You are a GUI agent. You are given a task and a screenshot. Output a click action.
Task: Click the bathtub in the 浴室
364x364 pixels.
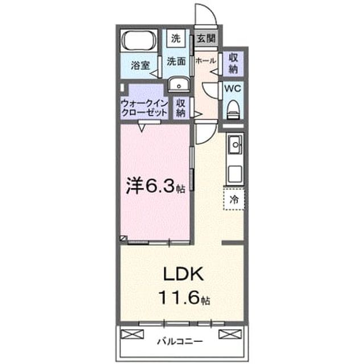click(x=139, y=40)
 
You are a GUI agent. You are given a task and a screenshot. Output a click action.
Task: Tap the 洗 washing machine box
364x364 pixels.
click(x=176, y=38)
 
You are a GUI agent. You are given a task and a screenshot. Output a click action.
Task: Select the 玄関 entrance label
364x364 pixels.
click(x=206, y=38)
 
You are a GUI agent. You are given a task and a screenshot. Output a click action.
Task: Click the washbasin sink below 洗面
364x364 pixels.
click(x=179, y=85)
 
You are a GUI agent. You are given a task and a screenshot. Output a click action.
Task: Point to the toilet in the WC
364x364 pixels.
click(x=233, y=110)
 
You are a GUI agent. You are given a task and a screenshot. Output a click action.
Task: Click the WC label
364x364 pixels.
click(x=233, y=89)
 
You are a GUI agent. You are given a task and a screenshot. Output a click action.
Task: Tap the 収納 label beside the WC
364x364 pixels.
click(x=233, y=63)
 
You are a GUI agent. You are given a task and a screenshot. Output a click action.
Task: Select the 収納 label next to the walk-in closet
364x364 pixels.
click(x=180, y=108)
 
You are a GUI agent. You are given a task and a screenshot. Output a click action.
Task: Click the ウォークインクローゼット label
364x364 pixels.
click(x=144, y=108)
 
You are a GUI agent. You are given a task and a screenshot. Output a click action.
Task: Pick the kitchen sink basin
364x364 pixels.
click(x=235, y=145)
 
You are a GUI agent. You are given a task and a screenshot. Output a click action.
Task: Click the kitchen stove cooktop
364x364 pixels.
click(x=235, y=174)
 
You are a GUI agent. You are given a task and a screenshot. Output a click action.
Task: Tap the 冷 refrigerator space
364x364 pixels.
click(x=234, y=200)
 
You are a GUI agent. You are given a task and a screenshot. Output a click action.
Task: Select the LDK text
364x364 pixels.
click(x=184, y=274)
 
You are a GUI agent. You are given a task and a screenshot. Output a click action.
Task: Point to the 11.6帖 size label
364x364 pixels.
click(x=184, y=298)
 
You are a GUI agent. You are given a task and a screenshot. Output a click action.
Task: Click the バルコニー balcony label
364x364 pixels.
click(x=180, y=341)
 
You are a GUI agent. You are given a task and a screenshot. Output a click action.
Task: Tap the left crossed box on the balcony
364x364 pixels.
click(x=133, y=334)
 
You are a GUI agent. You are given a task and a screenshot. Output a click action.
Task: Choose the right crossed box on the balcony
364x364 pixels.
click(x=230, y=334)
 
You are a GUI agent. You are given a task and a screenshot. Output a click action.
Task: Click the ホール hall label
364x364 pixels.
click(x=206, y=61)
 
